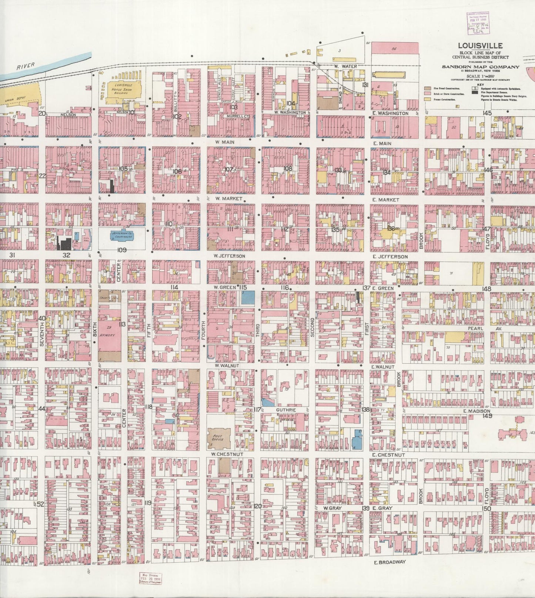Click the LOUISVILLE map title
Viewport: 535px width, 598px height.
click(x=480, y=46)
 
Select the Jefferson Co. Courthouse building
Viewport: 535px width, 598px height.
click(x=122, y=234)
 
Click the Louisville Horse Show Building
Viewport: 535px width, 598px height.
click(x=124, y=88)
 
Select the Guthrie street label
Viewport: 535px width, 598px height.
click(x=286, y=410)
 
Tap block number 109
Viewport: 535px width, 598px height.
click(x=122, y=250)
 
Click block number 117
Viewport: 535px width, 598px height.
click(x=258, y=410)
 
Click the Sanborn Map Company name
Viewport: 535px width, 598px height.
click(x=480, y=67)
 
